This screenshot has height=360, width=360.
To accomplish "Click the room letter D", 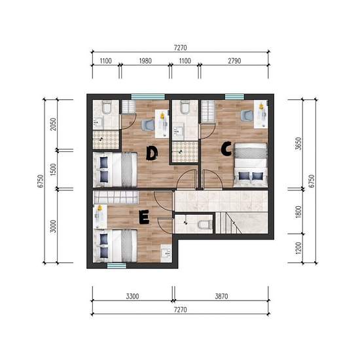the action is click(x=152, y=153).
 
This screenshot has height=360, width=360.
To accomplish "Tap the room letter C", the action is click(x=226, y=149).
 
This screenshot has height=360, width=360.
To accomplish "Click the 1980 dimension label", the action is click(x=145, y=61).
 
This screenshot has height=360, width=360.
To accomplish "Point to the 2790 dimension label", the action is click(x=234, y=61).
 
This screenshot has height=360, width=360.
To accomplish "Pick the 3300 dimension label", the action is click(x=132, y=296).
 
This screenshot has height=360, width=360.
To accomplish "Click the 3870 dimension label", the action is click(x=221, y=296).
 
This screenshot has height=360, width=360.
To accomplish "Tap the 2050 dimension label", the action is click(x=53, y=124).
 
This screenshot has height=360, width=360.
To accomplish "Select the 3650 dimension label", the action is click(x=298, y=143).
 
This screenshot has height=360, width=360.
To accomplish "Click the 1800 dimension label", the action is click(x=298, y=211).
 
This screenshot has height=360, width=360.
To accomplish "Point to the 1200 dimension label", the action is click(x=298, y=248).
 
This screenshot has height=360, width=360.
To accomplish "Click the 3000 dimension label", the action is click(x=53, y=226).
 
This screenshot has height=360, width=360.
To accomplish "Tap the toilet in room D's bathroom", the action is click(x=107, y=107).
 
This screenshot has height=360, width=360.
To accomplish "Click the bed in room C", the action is click(x=251, y=165).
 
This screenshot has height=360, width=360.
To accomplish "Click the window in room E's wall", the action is click(x=117, y=266).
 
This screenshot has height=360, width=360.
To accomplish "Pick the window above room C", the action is click(x=234, y=97).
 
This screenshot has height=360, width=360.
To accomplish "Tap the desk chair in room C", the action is click(x=247, y=115).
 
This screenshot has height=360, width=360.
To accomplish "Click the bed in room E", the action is click(x=115, y=246).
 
